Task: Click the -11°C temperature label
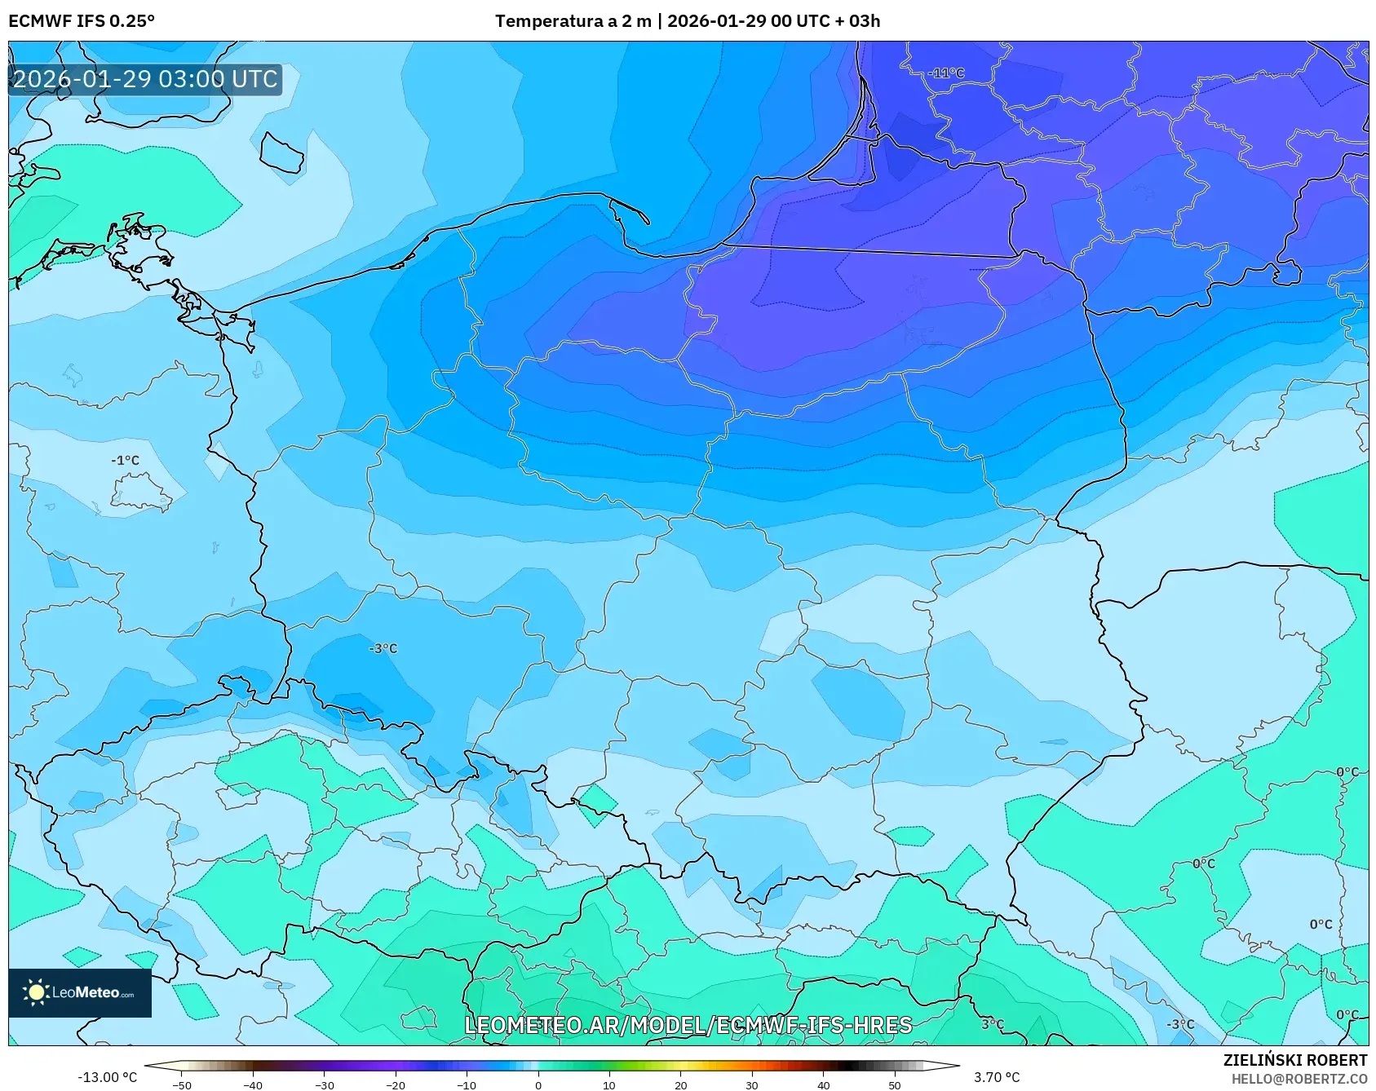pyautogui.click(x=946, y=73)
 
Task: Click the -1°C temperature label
pyautogui.click(x=126, y=460)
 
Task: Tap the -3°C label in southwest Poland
pyautogui.click(x=383, y=648)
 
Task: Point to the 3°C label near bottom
pyautogui.click(x=993, y=1024)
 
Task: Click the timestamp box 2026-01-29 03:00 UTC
pyautogui.click(x=145, y=79)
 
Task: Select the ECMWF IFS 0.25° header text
pyautogui.click(x=82, y=21)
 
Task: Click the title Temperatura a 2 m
pyautogui.click(x=573, y=21)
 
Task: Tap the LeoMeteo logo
pyautogui.click(x=80, y=992)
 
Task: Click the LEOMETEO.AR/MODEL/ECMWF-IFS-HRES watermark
pyautogui.click(x=688, y=1025)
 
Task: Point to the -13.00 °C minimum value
pyautogui.click(x=107, y=1077)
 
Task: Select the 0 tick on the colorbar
pyautogui.click(x=538, y=1085)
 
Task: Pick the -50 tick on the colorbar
pyautogui.click(x=182, y=1085)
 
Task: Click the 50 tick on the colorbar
pyautogui.click(x=895, y=1085)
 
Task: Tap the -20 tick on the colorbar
pyautogui.click(x=396, y=1085)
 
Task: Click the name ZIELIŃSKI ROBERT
pyautogui.click(x=1294, y=1060)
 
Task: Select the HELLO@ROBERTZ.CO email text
pyautogui.click(x=1299, y=1079)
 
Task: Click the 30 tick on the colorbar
pyautogui.click(x=752, y=1085)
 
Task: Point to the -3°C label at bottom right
pyautogui.click(x=1179, y=1024)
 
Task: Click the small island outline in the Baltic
pyautogui.click(x=282, y=152)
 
